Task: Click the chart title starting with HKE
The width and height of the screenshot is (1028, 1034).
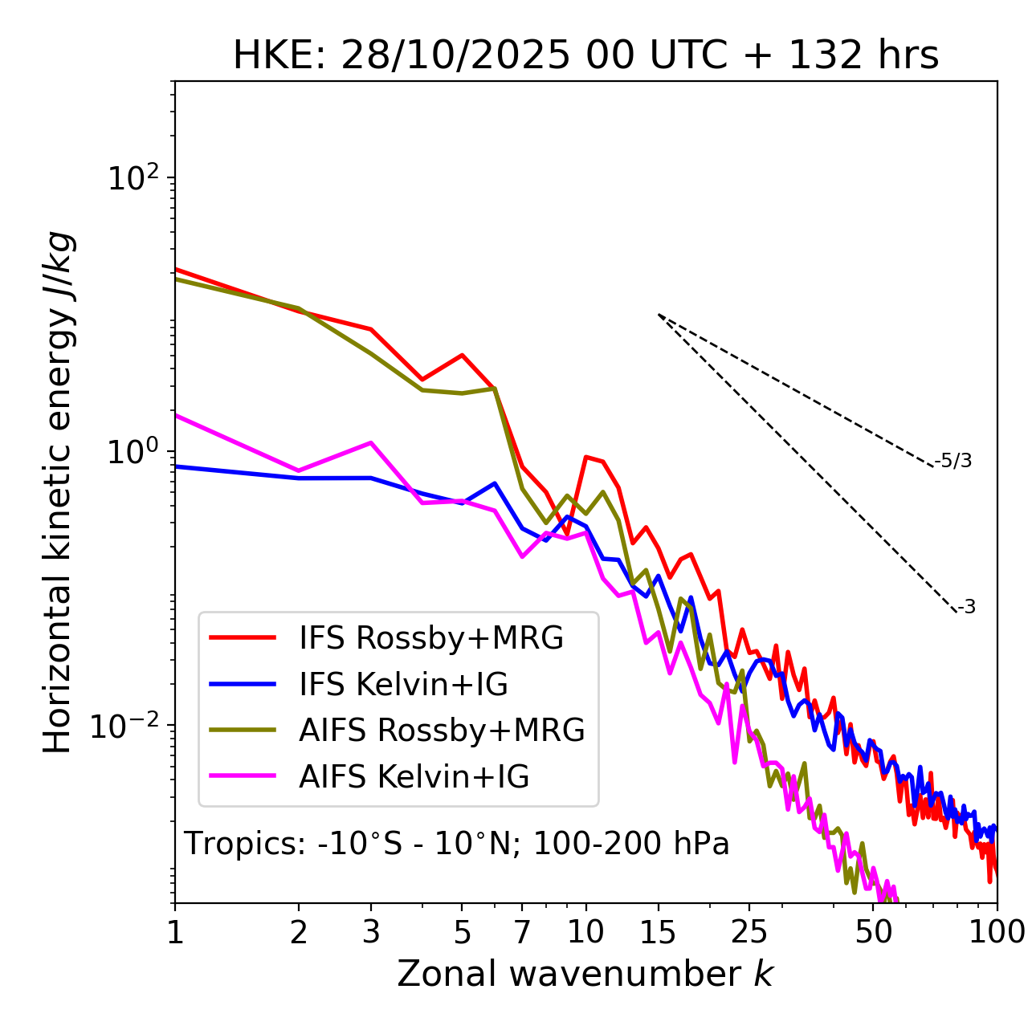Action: pyautogui.click(x=585, y=56)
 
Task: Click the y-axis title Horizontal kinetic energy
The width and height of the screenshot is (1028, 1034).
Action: pyautogui.click(x=59, y=492)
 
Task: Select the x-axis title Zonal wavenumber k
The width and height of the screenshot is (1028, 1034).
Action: pyautogui.click(x=585, y=974)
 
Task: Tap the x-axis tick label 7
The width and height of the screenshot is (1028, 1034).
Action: pyautogui.click(x=522, y=932)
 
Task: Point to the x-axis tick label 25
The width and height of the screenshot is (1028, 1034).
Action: pyautogui.click(x=749, y=932)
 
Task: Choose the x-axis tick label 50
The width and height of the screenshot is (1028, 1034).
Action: pyautogui.click(x=873, y=932)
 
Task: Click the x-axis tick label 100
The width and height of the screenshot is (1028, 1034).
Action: pyautogui.click(x=997, y=932)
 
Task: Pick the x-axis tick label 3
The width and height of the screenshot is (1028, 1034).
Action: pyautogui.click(x=371, y=932)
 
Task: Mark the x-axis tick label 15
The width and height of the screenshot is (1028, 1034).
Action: pyautogui.click(x=659, y=932)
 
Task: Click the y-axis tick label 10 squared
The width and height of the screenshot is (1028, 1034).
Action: pyautogui.click(x=135, y=177)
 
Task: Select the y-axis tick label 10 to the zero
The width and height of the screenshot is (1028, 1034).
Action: pyautogui.click(x=135, y=451)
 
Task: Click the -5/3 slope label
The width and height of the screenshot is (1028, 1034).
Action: pyautogui.click(x=953, y=461)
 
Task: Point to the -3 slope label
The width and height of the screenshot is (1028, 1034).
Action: pyautogui.click(x=966, y=608)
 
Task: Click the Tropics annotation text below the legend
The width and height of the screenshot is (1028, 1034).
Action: pyautogui.click(x=457, y=845)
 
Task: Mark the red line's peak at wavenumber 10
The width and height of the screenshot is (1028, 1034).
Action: pyautogui.click(x=586, y=457)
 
